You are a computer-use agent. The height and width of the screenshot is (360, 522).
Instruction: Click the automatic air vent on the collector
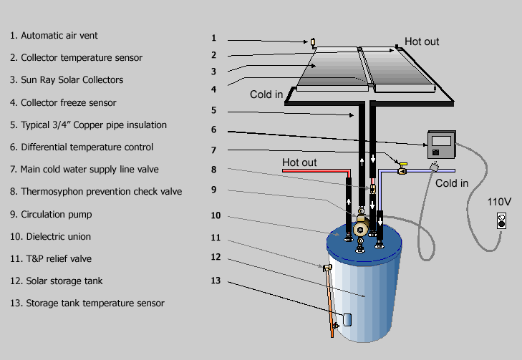(313, 43)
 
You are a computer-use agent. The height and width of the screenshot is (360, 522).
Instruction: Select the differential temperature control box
(442, 145)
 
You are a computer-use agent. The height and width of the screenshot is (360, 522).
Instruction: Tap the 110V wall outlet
(501, 221)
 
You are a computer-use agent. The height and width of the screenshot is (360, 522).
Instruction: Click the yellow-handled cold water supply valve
(402, 169)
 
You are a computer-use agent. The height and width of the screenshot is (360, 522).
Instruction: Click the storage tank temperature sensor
(347, 320)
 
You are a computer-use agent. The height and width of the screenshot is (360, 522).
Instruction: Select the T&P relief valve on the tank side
(327, 268)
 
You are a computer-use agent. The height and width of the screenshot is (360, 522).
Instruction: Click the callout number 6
(213, 130)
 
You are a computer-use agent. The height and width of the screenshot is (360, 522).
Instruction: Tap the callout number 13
(216, 281)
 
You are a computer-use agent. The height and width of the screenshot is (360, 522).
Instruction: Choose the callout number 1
(213, 38)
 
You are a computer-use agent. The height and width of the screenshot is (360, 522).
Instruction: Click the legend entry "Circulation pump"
(51, 214)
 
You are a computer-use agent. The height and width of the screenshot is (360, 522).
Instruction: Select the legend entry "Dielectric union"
(50, 237)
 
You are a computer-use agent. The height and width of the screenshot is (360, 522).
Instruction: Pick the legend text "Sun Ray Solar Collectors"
(67, 80)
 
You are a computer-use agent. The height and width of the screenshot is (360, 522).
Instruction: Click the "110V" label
(499, 202)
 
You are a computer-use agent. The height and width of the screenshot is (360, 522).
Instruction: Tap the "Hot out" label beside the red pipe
(299, 162)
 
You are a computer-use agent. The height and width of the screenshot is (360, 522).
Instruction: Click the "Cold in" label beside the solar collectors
(266, 94)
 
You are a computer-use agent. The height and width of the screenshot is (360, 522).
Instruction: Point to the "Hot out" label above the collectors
(422, 42)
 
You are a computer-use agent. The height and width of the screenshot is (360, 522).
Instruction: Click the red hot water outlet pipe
(316, 171)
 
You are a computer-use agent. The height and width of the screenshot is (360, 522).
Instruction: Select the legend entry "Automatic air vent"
(54, 36)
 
